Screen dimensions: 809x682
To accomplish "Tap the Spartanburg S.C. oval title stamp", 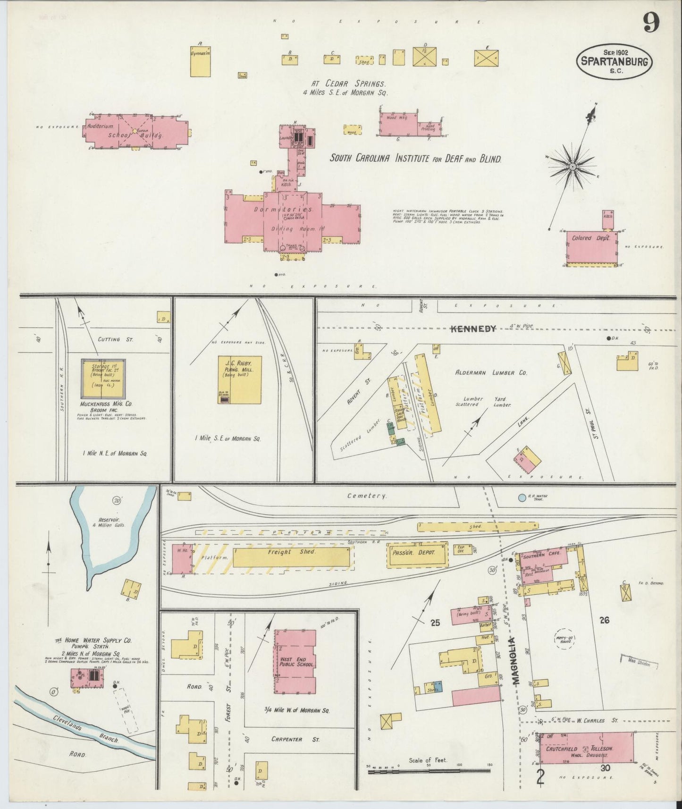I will (615, 61).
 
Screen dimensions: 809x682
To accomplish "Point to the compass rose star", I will (572, 167).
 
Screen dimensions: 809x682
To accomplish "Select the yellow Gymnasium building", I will (200, 61).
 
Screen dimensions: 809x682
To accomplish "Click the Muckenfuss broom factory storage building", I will (103, 379).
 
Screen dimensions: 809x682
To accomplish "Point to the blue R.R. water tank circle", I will (522, 497).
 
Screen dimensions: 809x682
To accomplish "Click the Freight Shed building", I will (292, 557).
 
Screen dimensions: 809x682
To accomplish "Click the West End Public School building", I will (295, 661).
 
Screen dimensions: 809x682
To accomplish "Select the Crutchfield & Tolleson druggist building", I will (586, 749).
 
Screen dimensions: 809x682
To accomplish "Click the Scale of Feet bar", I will (429, 771).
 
